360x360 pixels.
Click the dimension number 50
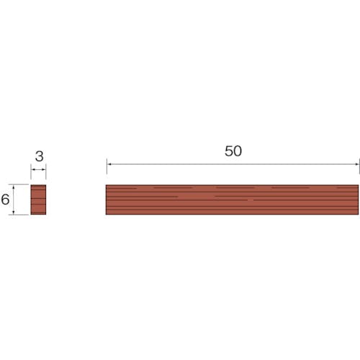tap(233, 151)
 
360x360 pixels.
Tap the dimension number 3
tap(39, 156)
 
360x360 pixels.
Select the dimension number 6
tap(5, 199)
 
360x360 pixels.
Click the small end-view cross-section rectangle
tap(38, 199)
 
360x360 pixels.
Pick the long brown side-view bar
tap(232, 199)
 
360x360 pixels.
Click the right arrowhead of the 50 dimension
tap(357, 164)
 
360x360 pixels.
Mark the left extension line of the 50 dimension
tap(107, 166)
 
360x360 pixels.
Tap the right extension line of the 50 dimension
tap(359, 166)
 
